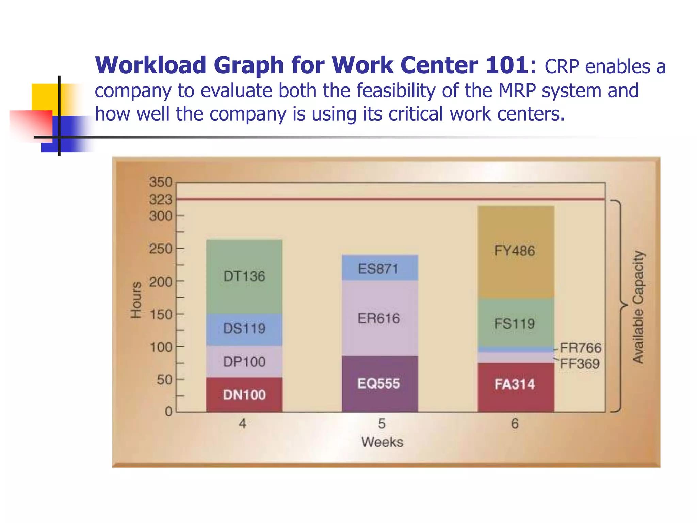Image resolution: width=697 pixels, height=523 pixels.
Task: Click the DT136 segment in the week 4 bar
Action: (x=244, y=276)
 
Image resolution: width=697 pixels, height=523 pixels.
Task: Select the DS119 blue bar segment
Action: (x=244, y=329)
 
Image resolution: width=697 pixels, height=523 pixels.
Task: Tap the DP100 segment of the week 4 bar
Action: (x=244, y=362)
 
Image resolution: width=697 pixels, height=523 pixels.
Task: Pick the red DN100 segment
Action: (x=244, y=395)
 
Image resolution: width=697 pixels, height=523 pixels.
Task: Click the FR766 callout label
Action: (x=581, y=348)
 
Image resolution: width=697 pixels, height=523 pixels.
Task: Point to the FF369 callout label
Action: (x=580, y=364)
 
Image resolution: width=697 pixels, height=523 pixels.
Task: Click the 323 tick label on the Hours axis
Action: (x=161, y=200)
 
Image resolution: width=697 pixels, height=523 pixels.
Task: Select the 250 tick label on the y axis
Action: (x=161, y=249)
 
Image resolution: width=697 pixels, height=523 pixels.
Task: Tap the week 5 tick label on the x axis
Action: (x=382, y=424)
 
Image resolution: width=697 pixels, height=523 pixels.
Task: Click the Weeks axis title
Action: (x=382, y=442)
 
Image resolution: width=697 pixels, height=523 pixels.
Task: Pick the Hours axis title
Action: (x=136, y=300)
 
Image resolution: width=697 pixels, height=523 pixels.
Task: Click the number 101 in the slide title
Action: (x=507, y=65)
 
